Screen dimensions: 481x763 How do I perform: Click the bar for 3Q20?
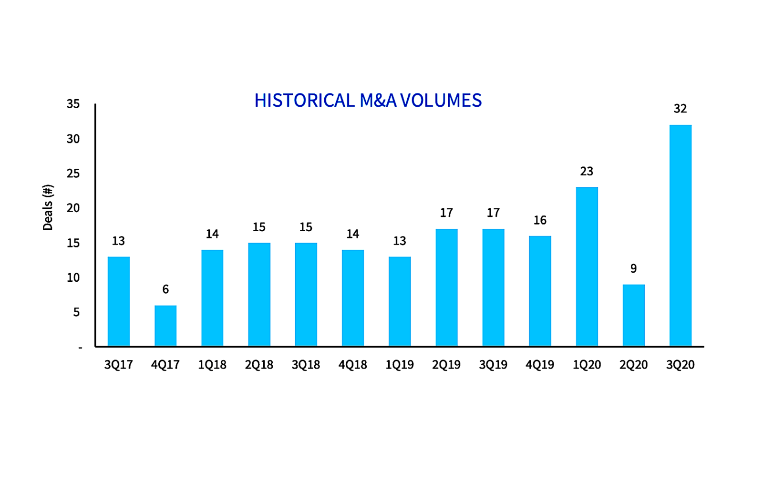pyautogui.click(x=680, y=235)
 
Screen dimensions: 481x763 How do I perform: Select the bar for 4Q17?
pyautogui.click(x=165, y=326)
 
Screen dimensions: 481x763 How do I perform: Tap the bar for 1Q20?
pyautogui.click(x=587, y=266)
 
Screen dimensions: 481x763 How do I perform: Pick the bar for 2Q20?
pyautogui.click(x=633, y=315)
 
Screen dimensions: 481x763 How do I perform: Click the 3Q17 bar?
pyautogui.click(x=119, y=301)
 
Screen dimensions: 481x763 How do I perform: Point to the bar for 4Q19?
pyautogui.click(x=540, y=291)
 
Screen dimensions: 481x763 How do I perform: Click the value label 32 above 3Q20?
pyautogui.click(x=680, y=109)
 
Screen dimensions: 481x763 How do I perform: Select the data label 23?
pyautogui.click(x=587, y=171)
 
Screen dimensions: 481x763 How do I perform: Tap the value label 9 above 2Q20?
pyautogui.click(x=633, y=268)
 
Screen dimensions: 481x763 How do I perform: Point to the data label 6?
pyautogui.click(x=165, y=289)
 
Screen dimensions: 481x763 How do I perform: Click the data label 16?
pyautogui.click(x=540, y=220)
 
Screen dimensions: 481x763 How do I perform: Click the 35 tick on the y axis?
pyautogui.click(x=73, y=104)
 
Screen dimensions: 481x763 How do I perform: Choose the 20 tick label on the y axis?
pyautogui.click(x=73, y=208)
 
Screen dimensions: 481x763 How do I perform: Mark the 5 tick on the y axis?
pyautogui.click(x=76, y=312)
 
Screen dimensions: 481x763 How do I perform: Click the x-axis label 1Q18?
pyautogui.click(x=212, y=365)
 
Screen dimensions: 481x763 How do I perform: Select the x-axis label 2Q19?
pyautogui.click(x=446, y=365)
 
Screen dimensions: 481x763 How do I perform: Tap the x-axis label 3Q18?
pyautogui.click(x=306, y=365)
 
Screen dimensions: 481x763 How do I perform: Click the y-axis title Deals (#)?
pyautogui.click(x=48, y=207)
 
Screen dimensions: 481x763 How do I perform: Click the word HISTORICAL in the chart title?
pyautogui.click(x=304, y=101)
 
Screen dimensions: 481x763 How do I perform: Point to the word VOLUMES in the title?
pyautogui.click(x=441, y=101)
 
